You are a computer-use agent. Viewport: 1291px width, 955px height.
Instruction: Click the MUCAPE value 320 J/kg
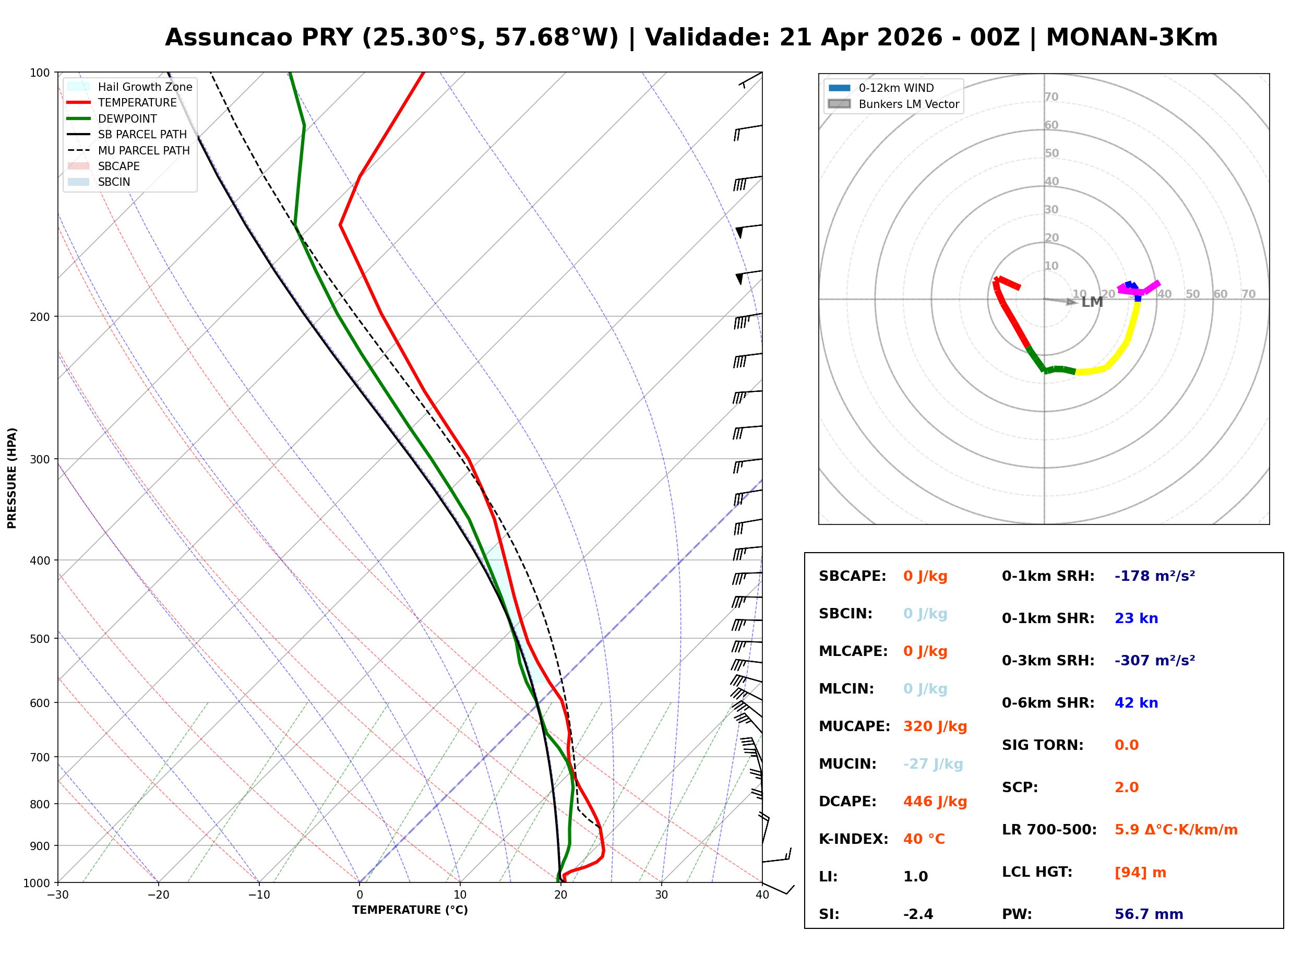[x=935, y=726]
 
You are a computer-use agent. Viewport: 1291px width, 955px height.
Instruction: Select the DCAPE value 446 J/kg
[x=935, y=801]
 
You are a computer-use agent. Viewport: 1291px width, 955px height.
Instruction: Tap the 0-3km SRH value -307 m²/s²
[x=1154, y=660]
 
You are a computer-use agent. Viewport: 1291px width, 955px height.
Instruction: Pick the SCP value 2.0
[x=1126, y=787]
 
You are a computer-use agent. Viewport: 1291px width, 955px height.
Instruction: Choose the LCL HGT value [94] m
[x=1140, y=873]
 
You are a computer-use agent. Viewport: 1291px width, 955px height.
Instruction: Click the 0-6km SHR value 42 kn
[x=1135, y=703]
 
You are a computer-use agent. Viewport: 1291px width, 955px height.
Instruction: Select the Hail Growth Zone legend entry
[x=145, y=87]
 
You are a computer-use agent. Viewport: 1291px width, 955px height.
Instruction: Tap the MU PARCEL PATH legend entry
[x=144, y=150]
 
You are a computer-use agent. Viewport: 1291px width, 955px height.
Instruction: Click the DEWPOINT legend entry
[x=127, y=118]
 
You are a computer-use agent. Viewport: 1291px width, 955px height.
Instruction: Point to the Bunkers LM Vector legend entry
[x=909, y=104]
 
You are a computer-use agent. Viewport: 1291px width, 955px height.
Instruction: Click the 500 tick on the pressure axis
[x=39, y=639]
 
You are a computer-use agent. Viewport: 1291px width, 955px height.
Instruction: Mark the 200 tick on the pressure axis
[x=39, y=317]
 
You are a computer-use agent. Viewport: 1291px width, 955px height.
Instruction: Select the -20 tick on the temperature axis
[x=158, y=895]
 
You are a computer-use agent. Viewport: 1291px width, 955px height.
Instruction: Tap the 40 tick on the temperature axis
[x=762, y=895]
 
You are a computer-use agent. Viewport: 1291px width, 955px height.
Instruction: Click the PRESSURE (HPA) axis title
[x=12, y=478]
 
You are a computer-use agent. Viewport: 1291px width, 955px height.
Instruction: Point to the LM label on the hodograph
[x=1092, y=302]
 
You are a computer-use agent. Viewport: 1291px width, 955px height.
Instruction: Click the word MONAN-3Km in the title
[x=1131, y=38]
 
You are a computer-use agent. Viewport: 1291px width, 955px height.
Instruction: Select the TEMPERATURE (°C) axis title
[x=410, y=910]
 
